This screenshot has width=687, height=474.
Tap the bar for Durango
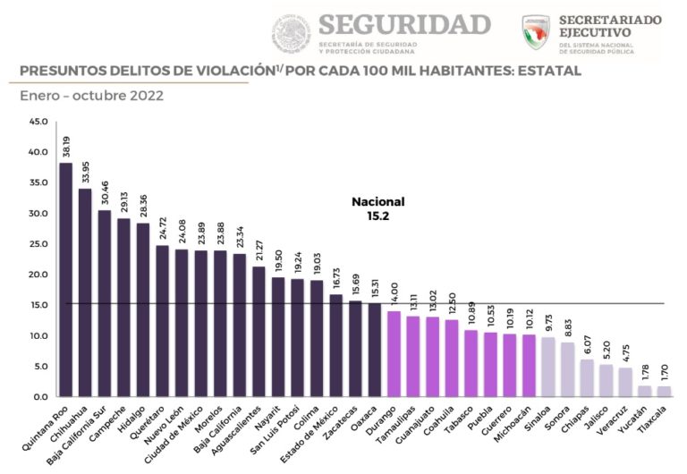(x=394, y=353)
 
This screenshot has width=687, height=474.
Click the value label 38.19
(x=65, y=146)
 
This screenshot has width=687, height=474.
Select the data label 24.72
(x=162, y=229)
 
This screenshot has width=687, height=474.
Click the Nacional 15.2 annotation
(x=377, y=208)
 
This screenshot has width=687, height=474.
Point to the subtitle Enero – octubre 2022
(x=91, y=96)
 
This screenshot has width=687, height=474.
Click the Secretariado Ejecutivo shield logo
(x=536, y=31)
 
